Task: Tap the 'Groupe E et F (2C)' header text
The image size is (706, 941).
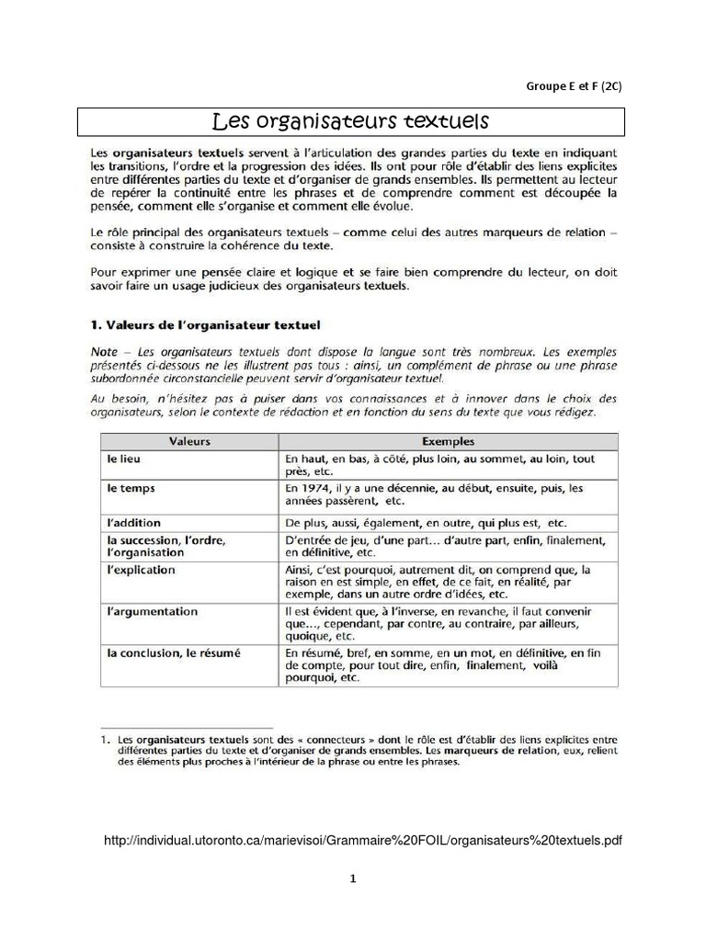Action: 574,86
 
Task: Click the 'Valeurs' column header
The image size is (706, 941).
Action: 189,441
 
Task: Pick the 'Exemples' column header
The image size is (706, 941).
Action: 447,441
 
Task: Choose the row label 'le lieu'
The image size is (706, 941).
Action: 124,458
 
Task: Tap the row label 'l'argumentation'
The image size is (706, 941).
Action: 152,610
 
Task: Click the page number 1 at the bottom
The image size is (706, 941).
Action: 352,879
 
